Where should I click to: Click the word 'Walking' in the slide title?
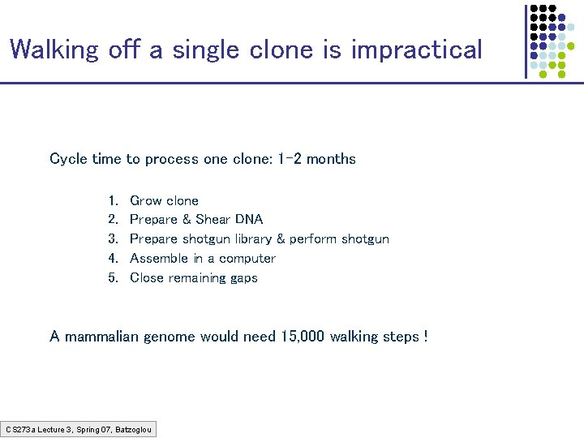coord(55,50)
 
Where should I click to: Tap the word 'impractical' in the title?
coord(416,50)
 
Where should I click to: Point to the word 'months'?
coord(331,159)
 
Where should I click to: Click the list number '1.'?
coord(113,200)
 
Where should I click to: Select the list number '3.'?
coord(113,239)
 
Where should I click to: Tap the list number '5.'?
coord(113,278)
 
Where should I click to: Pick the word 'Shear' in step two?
coord(213,220)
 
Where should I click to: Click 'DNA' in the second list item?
coord(249,220)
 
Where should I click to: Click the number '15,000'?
coord(303,337)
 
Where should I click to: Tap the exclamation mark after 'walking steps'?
coord(426,337)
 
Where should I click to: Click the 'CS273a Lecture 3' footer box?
coord(79,428)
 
